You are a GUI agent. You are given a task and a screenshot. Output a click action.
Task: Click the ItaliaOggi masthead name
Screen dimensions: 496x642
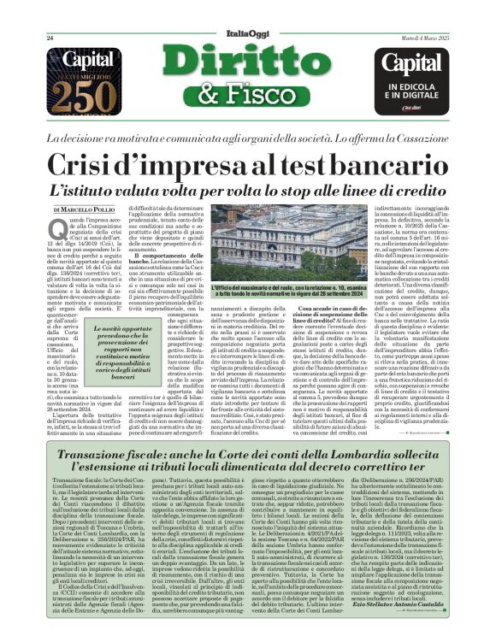(x=247, y=32)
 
